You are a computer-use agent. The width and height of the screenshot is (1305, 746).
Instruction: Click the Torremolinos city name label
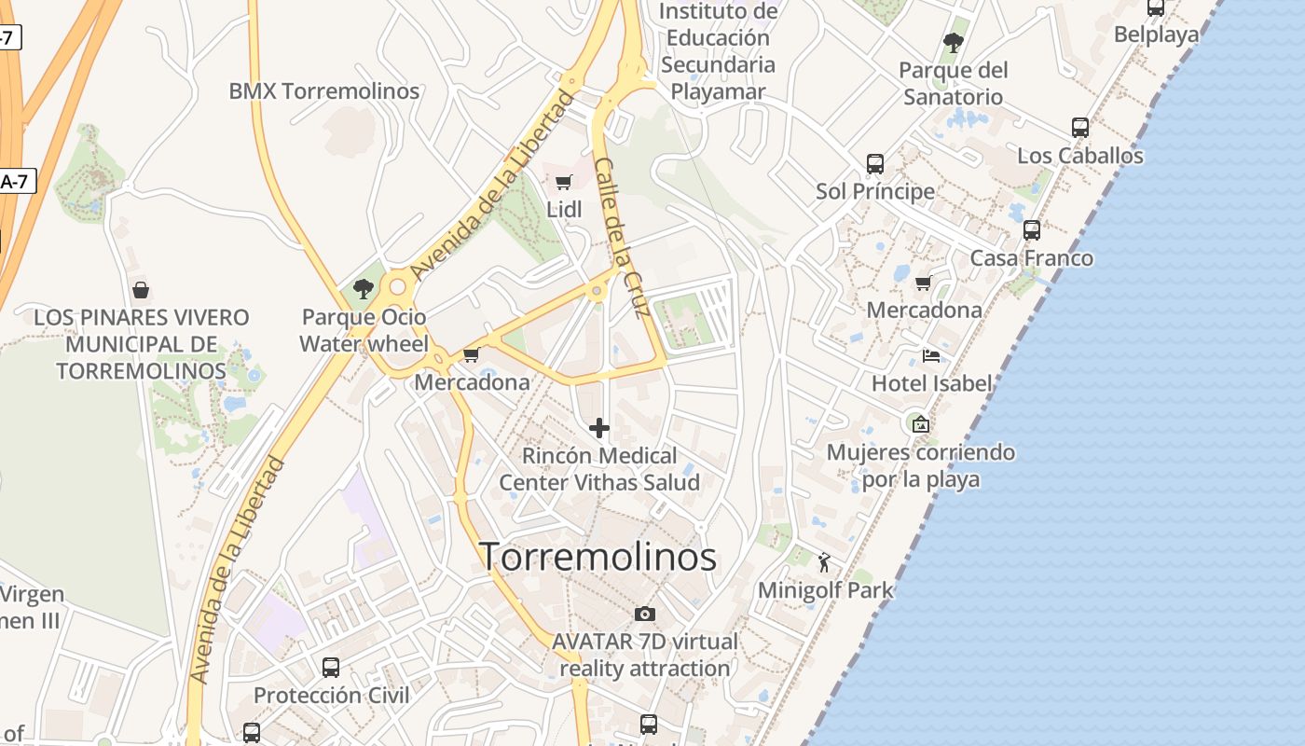tap(598, 557)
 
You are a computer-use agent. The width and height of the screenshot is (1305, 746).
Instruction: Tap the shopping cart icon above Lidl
tap(563, 182)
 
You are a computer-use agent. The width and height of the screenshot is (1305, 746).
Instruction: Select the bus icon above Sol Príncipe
tap(874, 164)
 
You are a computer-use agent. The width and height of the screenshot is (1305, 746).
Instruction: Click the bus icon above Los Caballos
tap(1079, 128)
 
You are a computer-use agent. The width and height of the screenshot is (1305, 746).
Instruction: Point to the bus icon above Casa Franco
tap(1031, 230)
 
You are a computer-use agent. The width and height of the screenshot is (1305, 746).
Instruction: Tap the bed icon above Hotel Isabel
tap(930, 355)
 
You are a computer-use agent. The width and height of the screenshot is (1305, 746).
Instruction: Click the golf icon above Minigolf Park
tap(824, 562)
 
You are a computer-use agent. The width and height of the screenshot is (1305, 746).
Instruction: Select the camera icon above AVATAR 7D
tap(644, 614)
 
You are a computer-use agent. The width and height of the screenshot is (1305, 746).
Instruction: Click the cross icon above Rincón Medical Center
tap(599, 428)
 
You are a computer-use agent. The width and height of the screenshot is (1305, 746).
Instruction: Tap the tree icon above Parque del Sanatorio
tap(953, 42)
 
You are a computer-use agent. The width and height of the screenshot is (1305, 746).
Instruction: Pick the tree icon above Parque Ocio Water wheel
tap(364, 289)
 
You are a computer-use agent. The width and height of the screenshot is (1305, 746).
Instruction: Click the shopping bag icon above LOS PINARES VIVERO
tap(141, 290)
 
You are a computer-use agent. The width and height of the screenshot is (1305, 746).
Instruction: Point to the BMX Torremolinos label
tap(324, 91)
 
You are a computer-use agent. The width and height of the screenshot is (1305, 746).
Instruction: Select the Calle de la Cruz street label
tap(622, 237)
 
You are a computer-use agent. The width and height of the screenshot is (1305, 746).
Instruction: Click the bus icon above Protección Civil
tap(331, 667)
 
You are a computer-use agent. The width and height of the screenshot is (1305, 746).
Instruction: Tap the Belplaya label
tap(1157, 35)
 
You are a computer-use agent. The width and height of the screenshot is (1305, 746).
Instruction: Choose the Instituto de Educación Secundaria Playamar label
tap(718, 51)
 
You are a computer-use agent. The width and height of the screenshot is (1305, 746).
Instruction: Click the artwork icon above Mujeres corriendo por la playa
tap(921, 424)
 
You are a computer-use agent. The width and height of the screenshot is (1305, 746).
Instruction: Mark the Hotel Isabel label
tap(932, 383)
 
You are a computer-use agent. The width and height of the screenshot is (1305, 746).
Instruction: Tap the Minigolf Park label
tap(826, 590)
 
